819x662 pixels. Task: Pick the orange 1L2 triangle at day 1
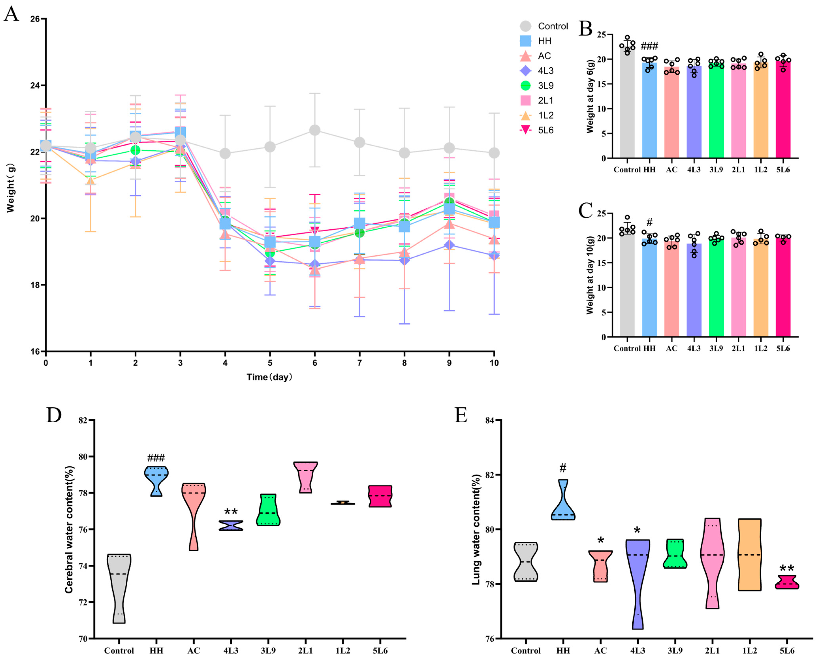(x=90, y=180)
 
